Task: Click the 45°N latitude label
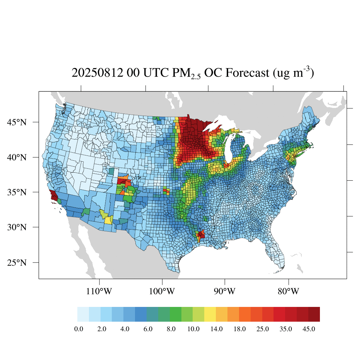pyautogui.click(x=17, y=122)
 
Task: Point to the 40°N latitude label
pyautogui.click(x=17, y=157)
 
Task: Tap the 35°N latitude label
pyautogui.click(x=17, y=192)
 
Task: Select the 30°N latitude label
pyautogui.click(x=17, y=227)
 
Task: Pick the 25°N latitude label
pyautogui.click(x=17, y=263)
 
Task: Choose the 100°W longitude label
pyautogui.click(x=162, y=291)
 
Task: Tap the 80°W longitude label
pyautogui.click(x=289, y=291)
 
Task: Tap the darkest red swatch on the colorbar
pyautogui.click(x=314, y=314)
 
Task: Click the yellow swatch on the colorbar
pyautogui.click(x=210, y=314)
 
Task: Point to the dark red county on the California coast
pyautogui.click(x=54, y=195)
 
